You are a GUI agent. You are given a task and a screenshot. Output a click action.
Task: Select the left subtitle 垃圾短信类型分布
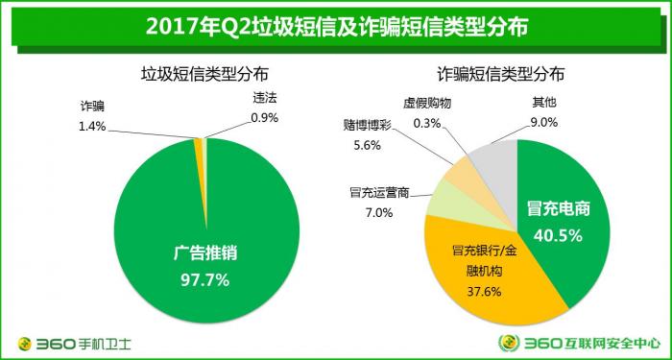coord(204,74)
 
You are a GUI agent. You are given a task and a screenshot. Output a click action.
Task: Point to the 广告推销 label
coord(204,255)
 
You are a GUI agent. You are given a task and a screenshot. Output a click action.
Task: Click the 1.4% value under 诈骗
coord(93,125)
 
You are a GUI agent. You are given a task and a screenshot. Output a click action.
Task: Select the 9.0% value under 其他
coord(544,121)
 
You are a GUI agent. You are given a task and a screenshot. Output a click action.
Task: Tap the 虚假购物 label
coord(425,104)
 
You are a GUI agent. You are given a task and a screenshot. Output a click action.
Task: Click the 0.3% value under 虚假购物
coord(426,122)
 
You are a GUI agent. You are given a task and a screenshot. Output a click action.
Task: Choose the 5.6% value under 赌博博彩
coord(368,145)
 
